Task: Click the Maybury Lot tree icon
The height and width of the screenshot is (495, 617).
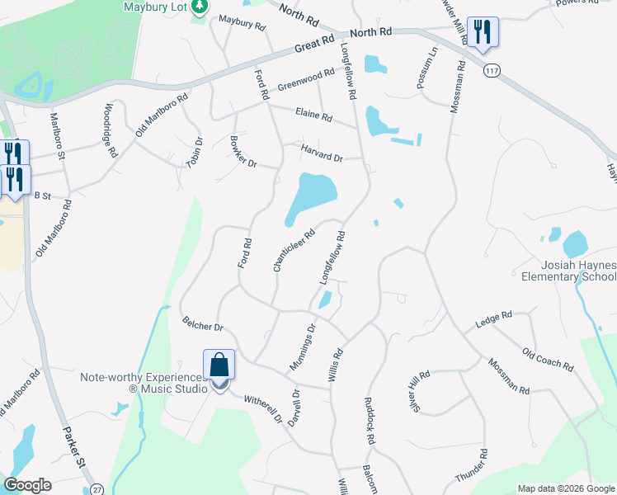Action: click(199, 7)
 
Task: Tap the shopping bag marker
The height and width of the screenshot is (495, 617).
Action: click(219, 365)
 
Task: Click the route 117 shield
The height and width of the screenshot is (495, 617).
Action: click(492, 71)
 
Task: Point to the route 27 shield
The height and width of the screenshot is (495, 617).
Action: click(97, 488)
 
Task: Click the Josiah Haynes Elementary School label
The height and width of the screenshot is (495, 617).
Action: click(578, 271)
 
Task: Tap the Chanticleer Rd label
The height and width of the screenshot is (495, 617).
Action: click(294, 250)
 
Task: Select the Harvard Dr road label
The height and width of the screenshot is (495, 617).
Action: click(321, 156)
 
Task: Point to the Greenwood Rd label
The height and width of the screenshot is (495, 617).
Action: click(306, 79)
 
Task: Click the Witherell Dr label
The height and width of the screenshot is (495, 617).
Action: click(262, 408)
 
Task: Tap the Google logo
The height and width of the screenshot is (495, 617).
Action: click(29, 486)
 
